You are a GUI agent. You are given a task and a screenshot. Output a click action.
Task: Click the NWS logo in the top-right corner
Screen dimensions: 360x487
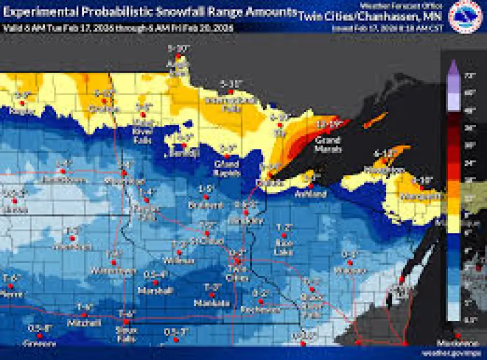point(465,16)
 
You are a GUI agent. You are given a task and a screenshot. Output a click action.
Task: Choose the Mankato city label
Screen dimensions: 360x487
point(212,303)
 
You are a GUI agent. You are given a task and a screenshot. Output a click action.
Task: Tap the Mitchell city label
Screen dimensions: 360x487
point(83,323)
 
